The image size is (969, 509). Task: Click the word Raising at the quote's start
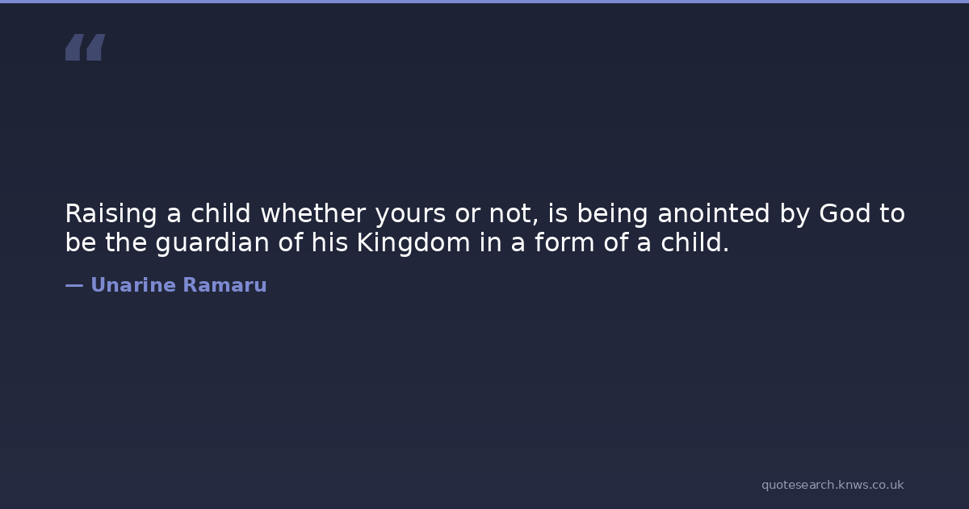[111, 214]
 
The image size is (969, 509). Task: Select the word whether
[313, 213]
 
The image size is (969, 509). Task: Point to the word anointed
[714, 213]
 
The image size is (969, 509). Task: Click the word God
[845, 213]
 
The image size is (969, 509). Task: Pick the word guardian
[212, 243]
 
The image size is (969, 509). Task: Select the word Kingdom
[413, 243]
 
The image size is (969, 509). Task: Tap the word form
[564, 242]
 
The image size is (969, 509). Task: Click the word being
[613, 214]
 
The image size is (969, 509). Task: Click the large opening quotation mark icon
[86, 47]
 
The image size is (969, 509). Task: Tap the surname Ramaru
[225, 285]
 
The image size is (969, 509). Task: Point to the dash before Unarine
[74, 285]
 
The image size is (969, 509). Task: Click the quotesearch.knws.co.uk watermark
[833, 485]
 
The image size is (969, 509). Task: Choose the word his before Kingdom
[329, 242]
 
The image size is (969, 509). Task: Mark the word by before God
[795, 214]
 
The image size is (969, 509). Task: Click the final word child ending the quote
[691, 242]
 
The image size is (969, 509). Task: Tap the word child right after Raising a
[220, 213]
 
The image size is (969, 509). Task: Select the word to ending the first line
[892, 214]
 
